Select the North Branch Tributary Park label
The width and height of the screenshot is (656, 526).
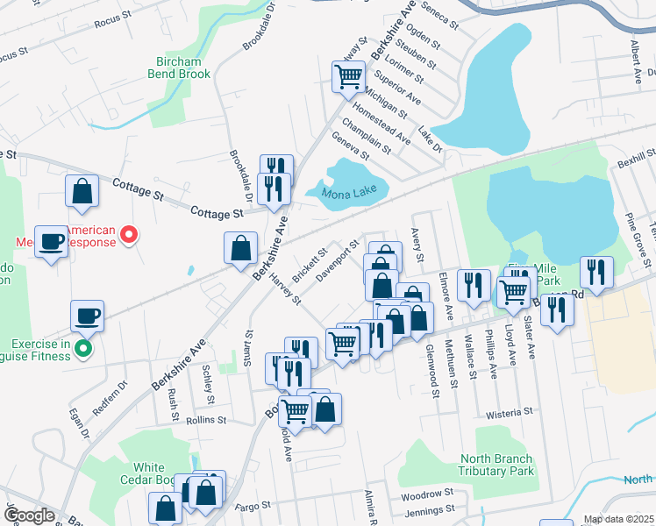[496, 465]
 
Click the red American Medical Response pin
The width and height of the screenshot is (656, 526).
[129, 234]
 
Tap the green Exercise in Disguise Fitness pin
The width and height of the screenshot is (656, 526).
[83, 349]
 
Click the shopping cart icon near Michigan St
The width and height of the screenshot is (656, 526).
[348, 76]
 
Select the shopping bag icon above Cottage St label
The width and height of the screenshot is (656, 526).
[82, 191]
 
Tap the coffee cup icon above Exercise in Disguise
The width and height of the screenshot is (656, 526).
[87, 316]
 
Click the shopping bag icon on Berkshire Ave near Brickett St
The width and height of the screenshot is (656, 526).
[240, 248]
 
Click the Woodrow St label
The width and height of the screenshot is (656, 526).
[425, 494]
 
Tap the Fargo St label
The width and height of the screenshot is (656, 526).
[253, 506]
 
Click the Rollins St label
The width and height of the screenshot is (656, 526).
[207, 421]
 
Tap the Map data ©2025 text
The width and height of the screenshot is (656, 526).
[617, 519]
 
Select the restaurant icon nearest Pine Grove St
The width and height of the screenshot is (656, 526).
[596, 273]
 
